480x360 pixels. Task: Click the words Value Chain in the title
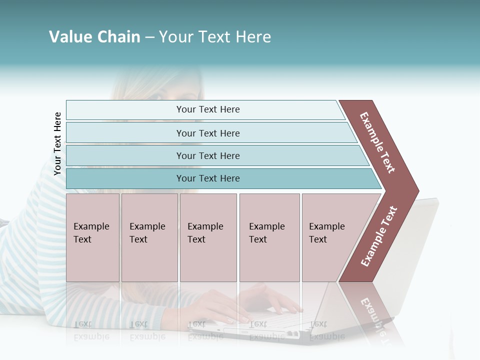(x=94, y=37)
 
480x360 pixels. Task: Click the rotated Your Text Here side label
(x=57, y=143)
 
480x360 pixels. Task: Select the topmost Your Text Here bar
(x=207, y=109)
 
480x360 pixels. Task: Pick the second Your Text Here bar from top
(x=207, y=133)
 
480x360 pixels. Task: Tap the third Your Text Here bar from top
(x=207, y=155)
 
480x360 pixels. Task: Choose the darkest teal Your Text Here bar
(x=207, y=178)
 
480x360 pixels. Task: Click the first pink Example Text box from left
(x=92, y=237)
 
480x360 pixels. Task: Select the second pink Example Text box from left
(x=149, y=237)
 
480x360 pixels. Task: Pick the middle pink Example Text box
(x=208, y=237)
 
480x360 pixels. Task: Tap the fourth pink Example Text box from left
(x=269, y=237)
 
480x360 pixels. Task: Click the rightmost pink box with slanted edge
(x=332, y=237)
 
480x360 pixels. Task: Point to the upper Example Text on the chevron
(x=377, y=142)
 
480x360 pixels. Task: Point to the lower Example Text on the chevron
(x=379, y=236)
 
